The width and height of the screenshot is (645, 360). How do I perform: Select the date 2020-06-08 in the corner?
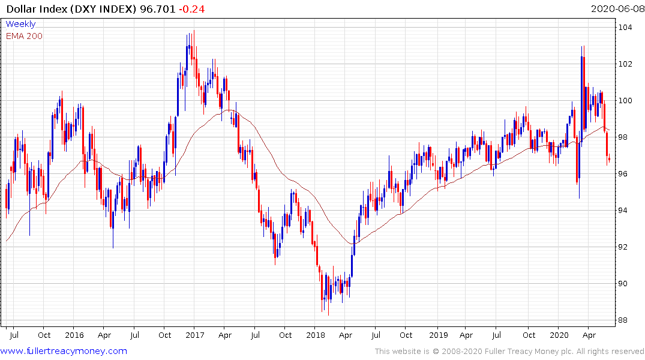coord(616,9)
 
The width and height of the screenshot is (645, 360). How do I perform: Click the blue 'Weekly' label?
coord(20,24)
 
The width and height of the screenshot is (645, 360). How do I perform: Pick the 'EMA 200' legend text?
coord(24,35)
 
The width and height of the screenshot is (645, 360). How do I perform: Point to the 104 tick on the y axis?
coord(626,28)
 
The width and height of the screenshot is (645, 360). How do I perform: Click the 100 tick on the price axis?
coord(626,101)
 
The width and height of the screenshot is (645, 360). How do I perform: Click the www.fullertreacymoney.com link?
coord(64,351)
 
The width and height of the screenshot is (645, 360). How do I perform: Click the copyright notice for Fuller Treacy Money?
coord(509,352)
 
